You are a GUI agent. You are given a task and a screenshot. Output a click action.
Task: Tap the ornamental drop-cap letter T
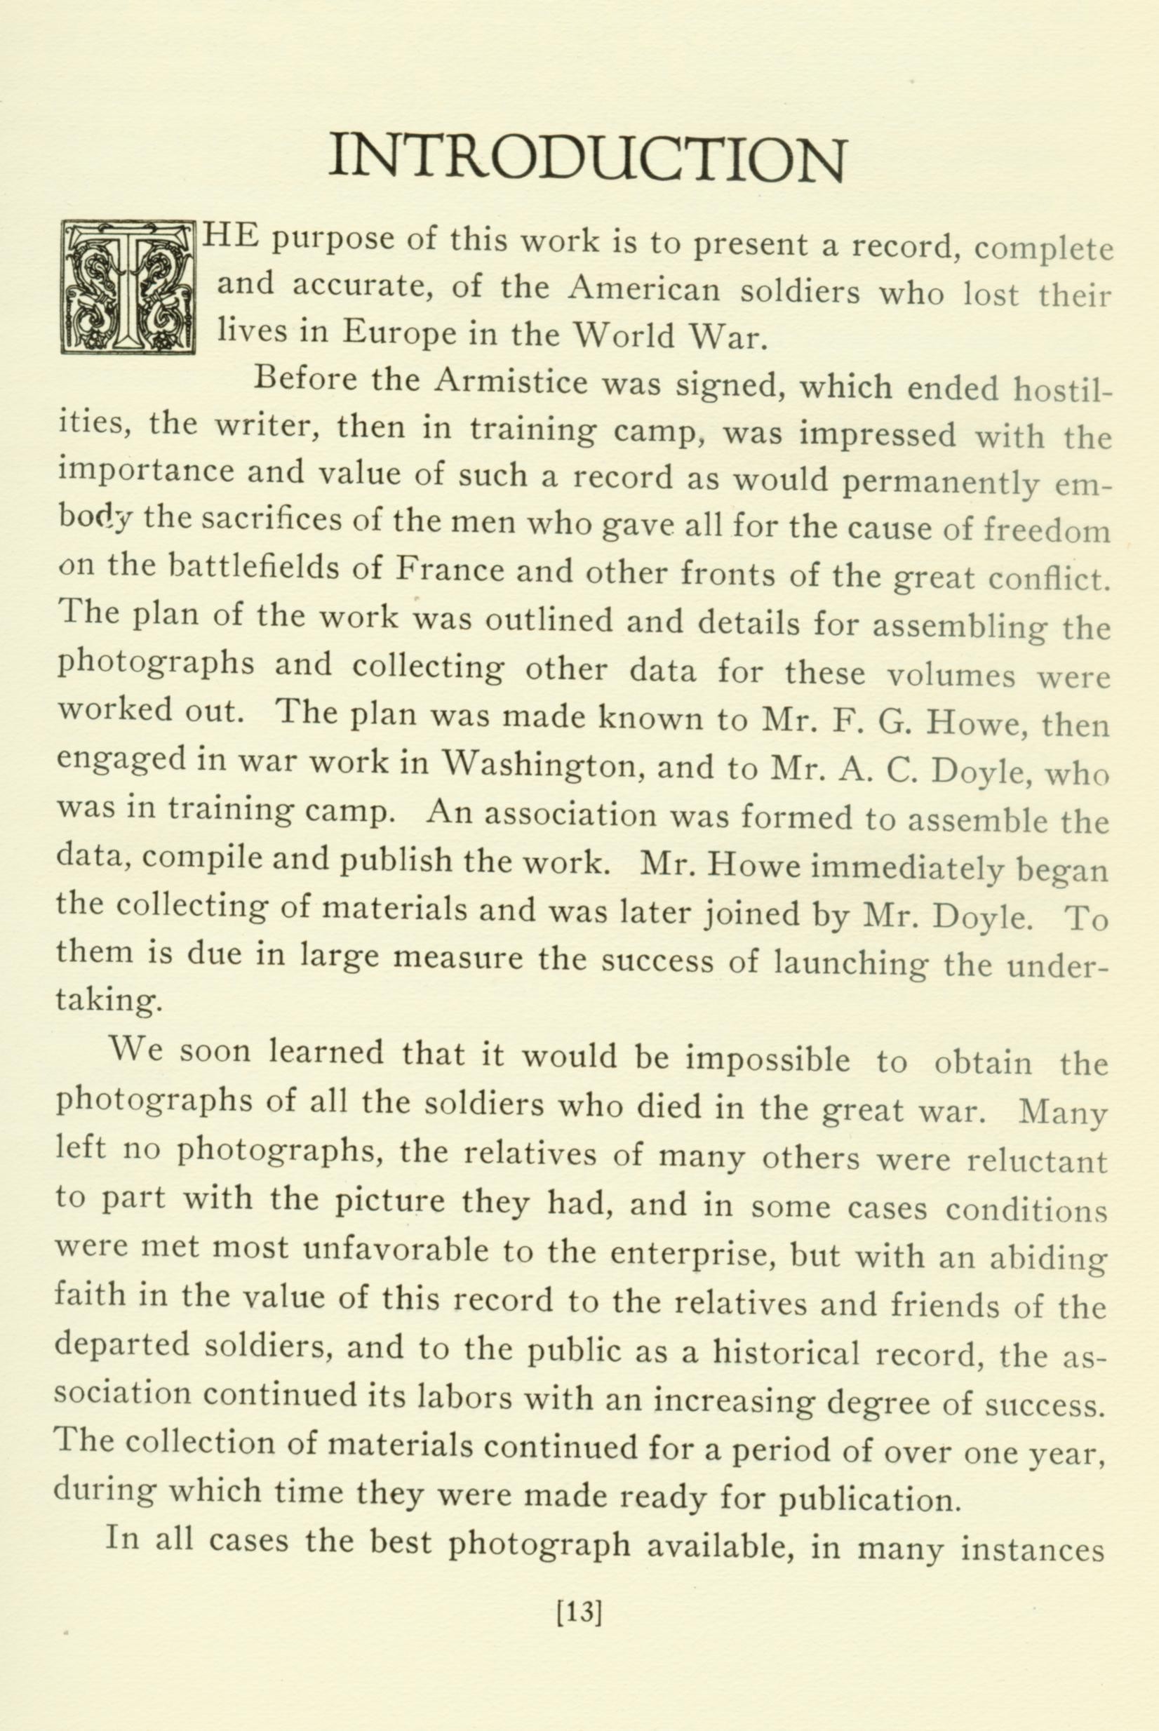pos(128,286)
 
